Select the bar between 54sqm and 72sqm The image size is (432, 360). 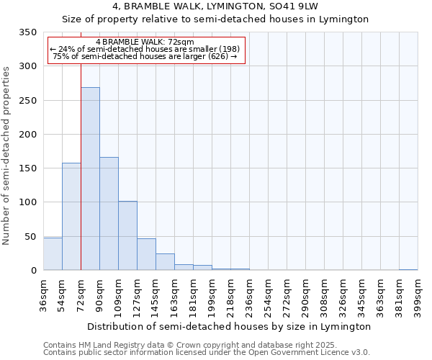(71, 216)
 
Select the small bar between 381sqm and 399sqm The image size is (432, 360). (408, 269)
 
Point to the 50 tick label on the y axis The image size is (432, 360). (30, 236)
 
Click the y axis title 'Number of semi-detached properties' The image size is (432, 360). (6, 155)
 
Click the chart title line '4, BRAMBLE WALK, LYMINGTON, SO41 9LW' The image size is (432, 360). (215, 6)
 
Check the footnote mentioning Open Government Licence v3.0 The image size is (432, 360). (207, 353)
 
